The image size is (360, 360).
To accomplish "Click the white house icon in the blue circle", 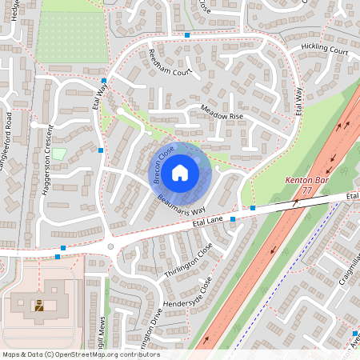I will [180, 171].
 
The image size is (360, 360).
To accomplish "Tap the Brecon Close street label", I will [164, 164].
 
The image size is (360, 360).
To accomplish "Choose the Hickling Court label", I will [325, 51].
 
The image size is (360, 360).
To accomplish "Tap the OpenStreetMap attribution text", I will [81, 354].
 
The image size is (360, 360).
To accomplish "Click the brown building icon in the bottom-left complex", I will [38, 304].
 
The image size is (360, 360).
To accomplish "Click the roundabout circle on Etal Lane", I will [111, 246].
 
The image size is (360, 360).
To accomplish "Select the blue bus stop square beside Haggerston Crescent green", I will [100, 150].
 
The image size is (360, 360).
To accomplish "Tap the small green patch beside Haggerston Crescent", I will [58, 153].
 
